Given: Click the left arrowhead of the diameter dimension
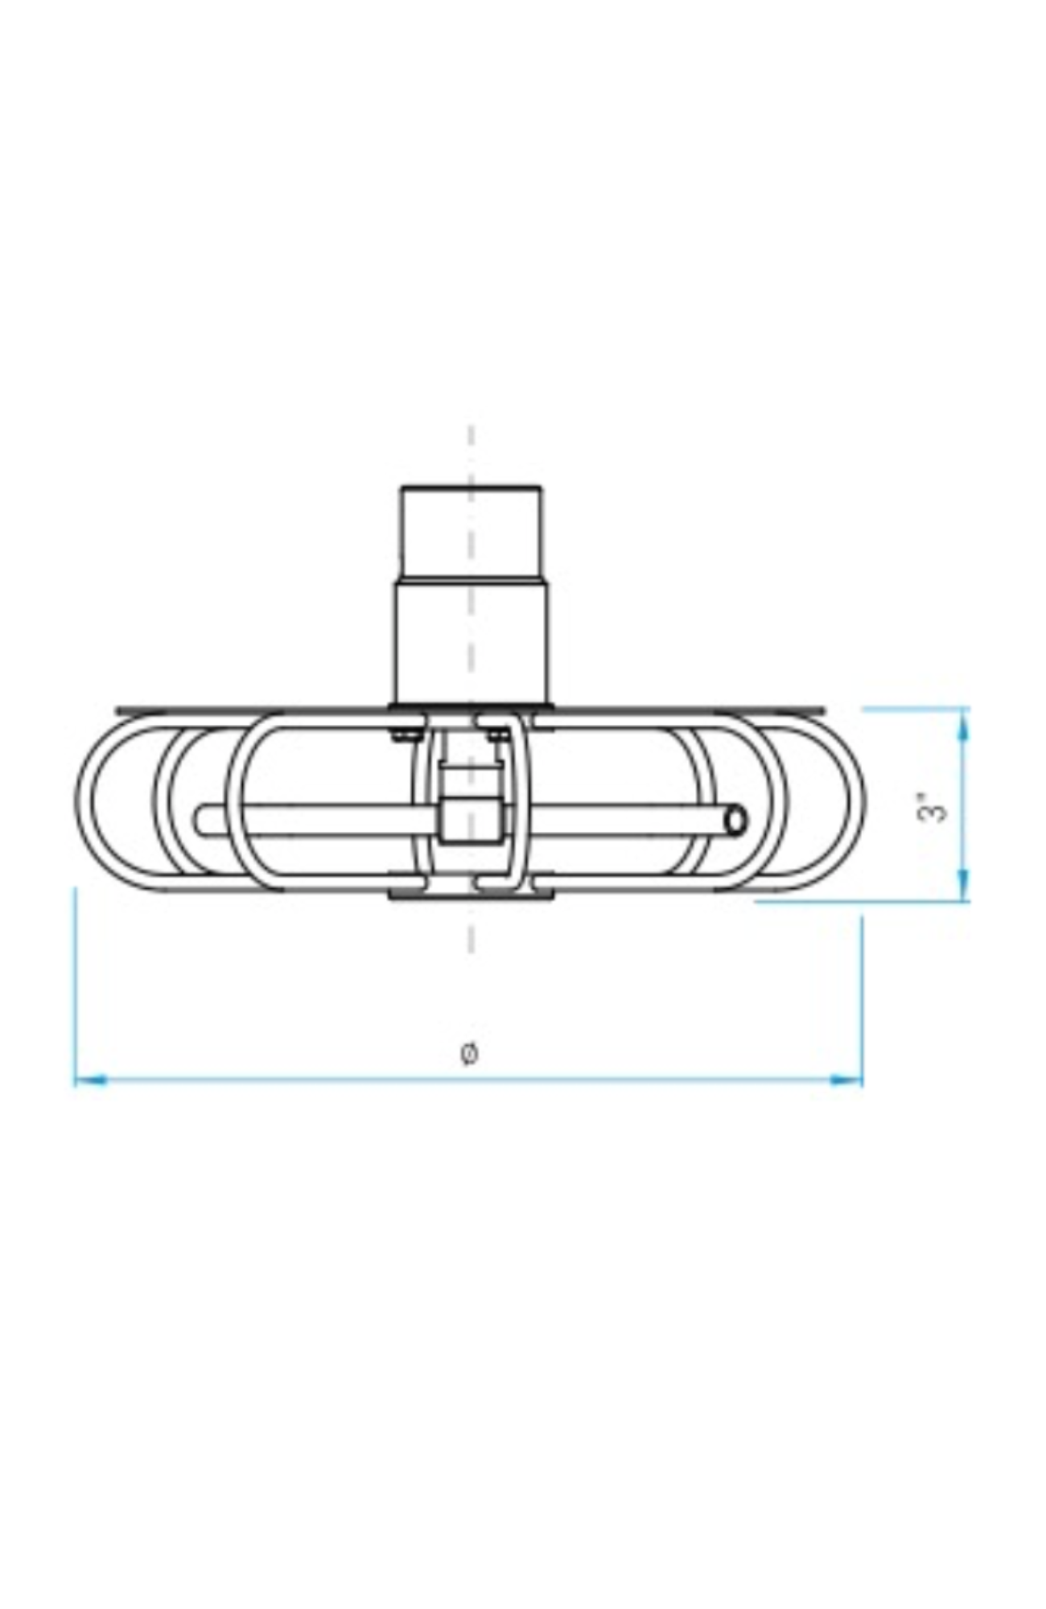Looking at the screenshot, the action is pos(91,1080).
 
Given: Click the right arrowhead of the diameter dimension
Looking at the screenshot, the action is pos(846,1080).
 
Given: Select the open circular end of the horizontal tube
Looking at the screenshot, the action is pos(735,821).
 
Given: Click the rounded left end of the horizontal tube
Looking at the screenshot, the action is pos(201,821).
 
